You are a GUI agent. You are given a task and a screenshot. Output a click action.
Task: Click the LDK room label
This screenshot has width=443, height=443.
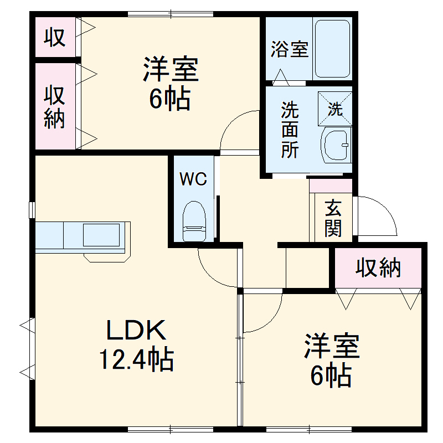(136, 331)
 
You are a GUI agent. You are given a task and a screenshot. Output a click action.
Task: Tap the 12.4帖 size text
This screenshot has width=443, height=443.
(136, 360)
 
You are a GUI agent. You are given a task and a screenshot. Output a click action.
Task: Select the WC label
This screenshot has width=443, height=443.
(193, 179)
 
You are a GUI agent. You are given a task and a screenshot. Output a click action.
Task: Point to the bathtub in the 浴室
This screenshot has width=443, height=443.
(332, 49)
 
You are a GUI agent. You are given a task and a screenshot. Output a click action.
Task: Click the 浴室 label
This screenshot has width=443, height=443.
(289, 50)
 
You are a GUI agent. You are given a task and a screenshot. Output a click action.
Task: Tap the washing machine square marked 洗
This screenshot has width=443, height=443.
(335, 109)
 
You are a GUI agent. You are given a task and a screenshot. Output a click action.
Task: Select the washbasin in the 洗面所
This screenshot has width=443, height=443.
(336, 147)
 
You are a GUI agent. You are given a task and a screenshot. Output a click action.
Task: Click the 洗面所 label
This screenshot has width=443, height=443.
(289, 130)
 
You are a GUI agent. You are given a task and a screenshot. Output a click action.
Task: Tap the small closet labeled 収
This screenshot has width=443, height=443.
(55, 37)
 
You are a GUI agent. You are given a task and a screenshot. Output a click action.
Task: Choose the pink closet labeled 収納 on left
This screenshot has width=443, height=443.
(55, 106)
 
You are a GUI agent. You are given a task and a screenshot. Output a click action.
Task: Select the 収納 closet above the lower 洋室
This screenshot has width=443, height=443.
(378, 268)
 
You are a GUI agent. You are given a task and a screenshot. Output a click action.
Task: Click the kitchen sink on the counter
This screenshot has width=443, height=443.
(101, 235)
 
